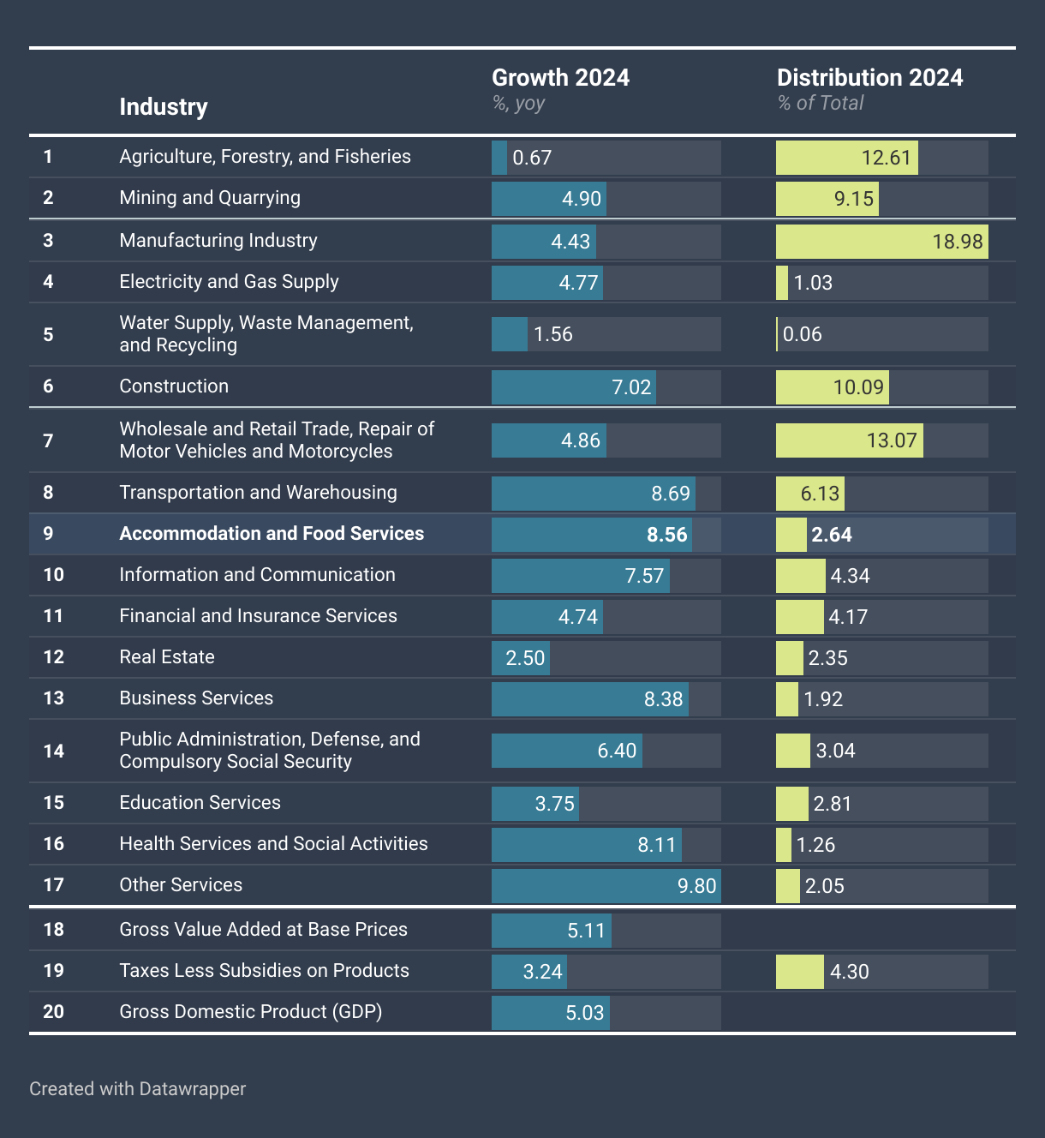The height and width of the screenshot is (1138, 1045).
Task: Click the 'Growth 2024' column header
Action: pos(560,78)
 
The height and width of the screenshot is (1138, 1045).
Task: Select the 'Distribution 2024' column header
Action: pos(869,78)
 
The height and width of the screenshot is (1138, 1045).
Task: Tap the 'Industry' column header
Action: pos(164,107)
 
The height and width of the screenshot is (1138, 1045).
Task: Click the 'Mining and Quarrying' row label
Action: pos(210,198)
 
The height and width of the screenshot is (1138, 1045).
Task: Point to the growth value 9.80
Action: pos(696,886)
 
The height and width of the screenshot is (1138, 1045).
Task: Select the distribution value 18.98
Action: pos(958,242)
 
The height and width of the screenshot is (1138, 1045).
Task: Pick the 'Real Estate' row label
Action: pos(167,657)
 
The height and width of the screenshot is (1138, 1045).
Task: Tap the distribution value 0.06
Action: pos(803,334)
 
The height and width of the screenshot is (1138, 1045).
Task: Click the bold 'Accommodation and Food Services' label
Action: pos(272,534)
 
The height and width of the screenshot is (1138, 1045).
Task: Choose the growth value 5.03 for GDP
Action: pos(585,1013)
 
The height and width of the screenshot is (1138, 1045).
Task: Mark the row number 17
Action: pos(53,885)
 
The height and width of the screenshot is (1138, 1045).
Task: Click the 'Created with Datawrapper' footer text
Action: pos(137,1089)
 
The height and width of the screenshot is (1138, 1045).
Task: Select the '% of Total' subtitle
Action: pos(821,104)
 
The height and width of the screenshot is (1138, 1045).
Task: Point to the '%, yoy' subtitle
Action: pos(518,104)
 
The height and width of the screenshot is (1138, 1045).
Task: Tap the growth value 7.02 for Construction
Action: pos(631,387)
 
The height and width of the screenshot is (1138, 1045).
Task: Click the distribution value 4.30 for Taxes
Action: pos(850,972)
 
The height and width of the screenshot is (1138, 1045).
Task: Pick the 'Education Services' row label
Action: pos(200,803)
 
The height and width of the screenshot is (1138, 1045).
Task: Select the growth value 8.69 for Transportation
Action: pos(671,494)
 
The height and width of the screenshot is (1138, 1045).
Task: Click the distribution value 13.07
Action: pos(892,441)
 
